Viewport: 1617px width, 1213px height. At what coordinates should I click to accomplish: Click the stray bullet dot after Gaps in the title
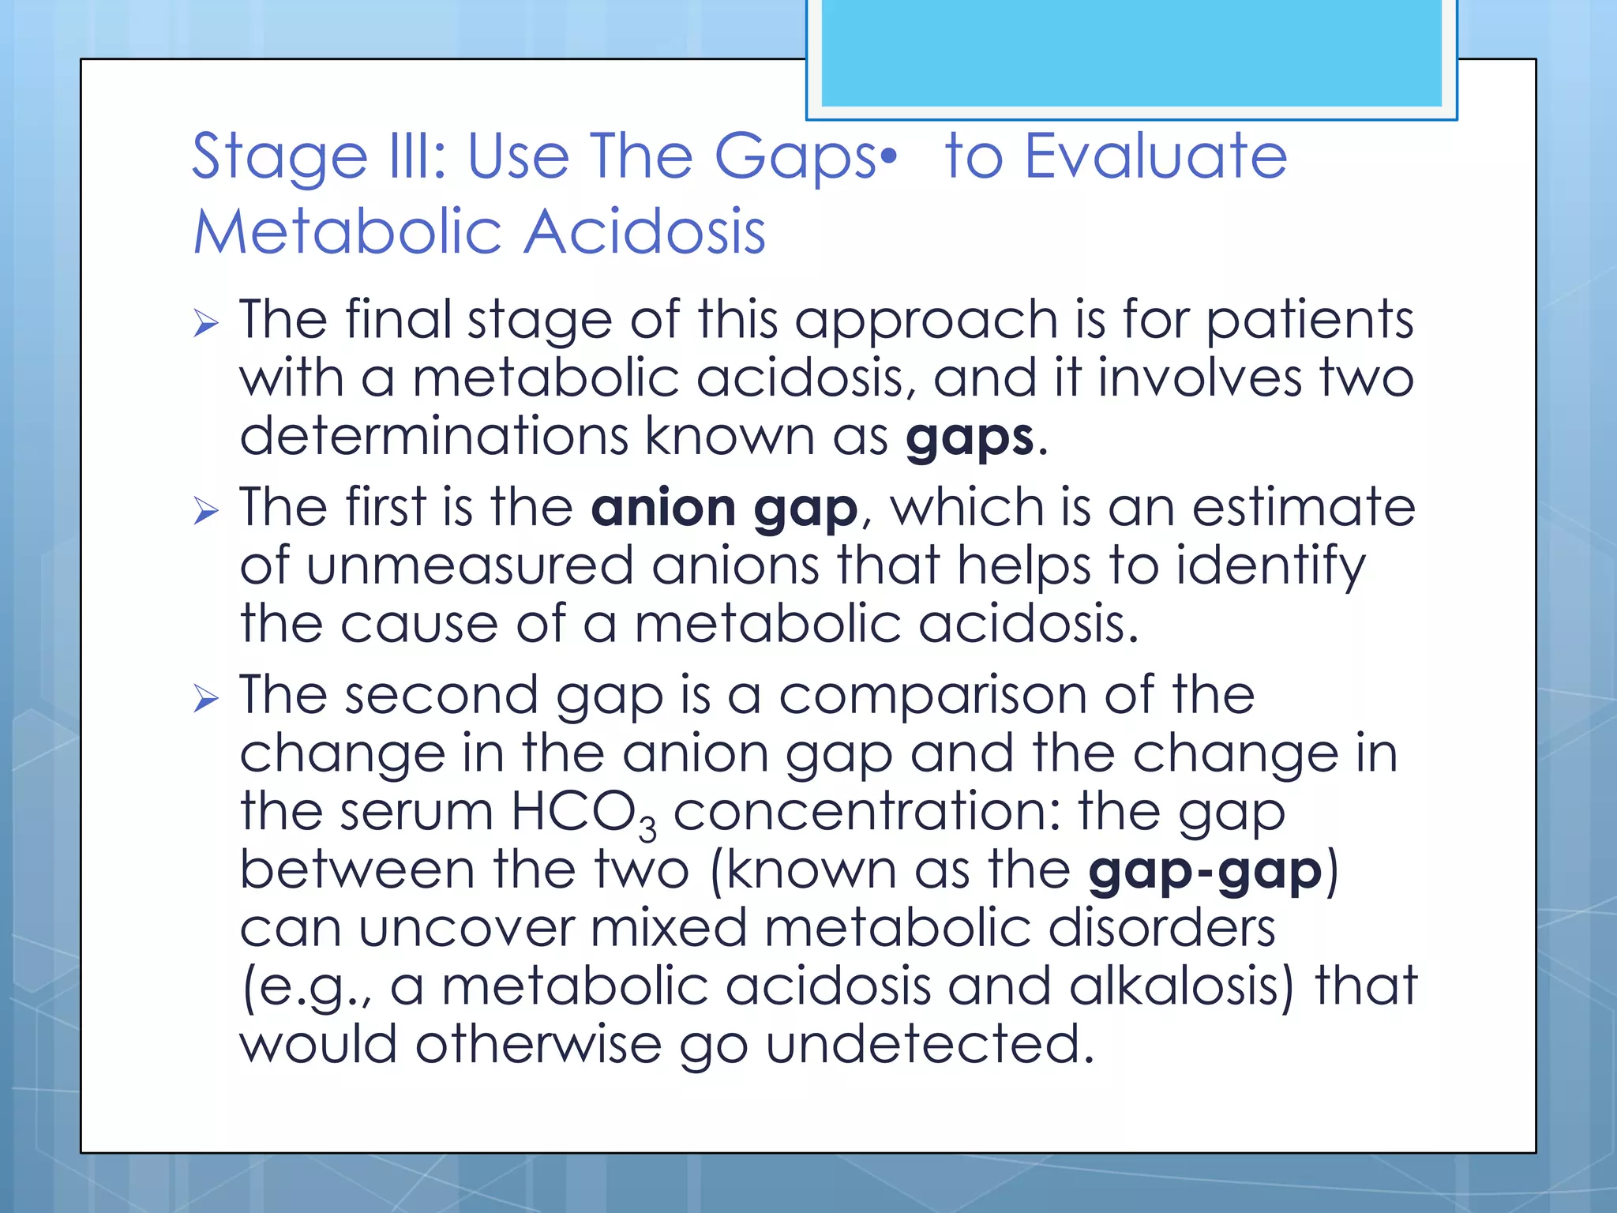(x=889, y=156)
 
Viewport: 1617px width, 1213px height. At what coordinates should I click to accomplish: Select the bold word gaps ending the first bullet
(x=969, y=439)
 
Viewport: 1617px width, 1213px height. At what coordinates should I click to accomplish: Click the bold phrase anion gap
(x=724, y=508)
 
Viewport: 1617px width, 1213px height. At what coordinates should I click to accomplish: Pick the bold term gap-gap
(x=1204, y=870)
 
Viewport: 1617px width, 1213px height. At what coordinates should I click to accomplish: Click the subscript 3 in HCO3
(x=647, y=829)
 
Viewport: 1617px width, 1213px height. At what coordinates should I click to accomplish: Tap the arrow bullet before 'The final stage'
(x=205, y=324)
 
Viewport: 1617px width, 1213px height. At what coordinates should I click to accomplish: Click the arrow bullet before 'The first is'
(x=205, y=512)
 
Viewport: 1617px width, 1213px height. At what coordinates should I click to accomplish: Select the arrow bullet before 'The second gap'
(x=205, y=699)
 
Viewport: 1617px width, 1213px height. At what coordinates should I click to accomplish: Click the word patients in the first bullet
(x=1310, y=321)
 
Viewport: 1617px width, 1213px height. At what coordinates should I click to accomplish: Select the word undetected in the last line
(x=929, y=1044)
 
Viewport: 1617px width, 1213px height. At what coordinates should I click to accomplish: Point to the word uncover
(x=466, y=928)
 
